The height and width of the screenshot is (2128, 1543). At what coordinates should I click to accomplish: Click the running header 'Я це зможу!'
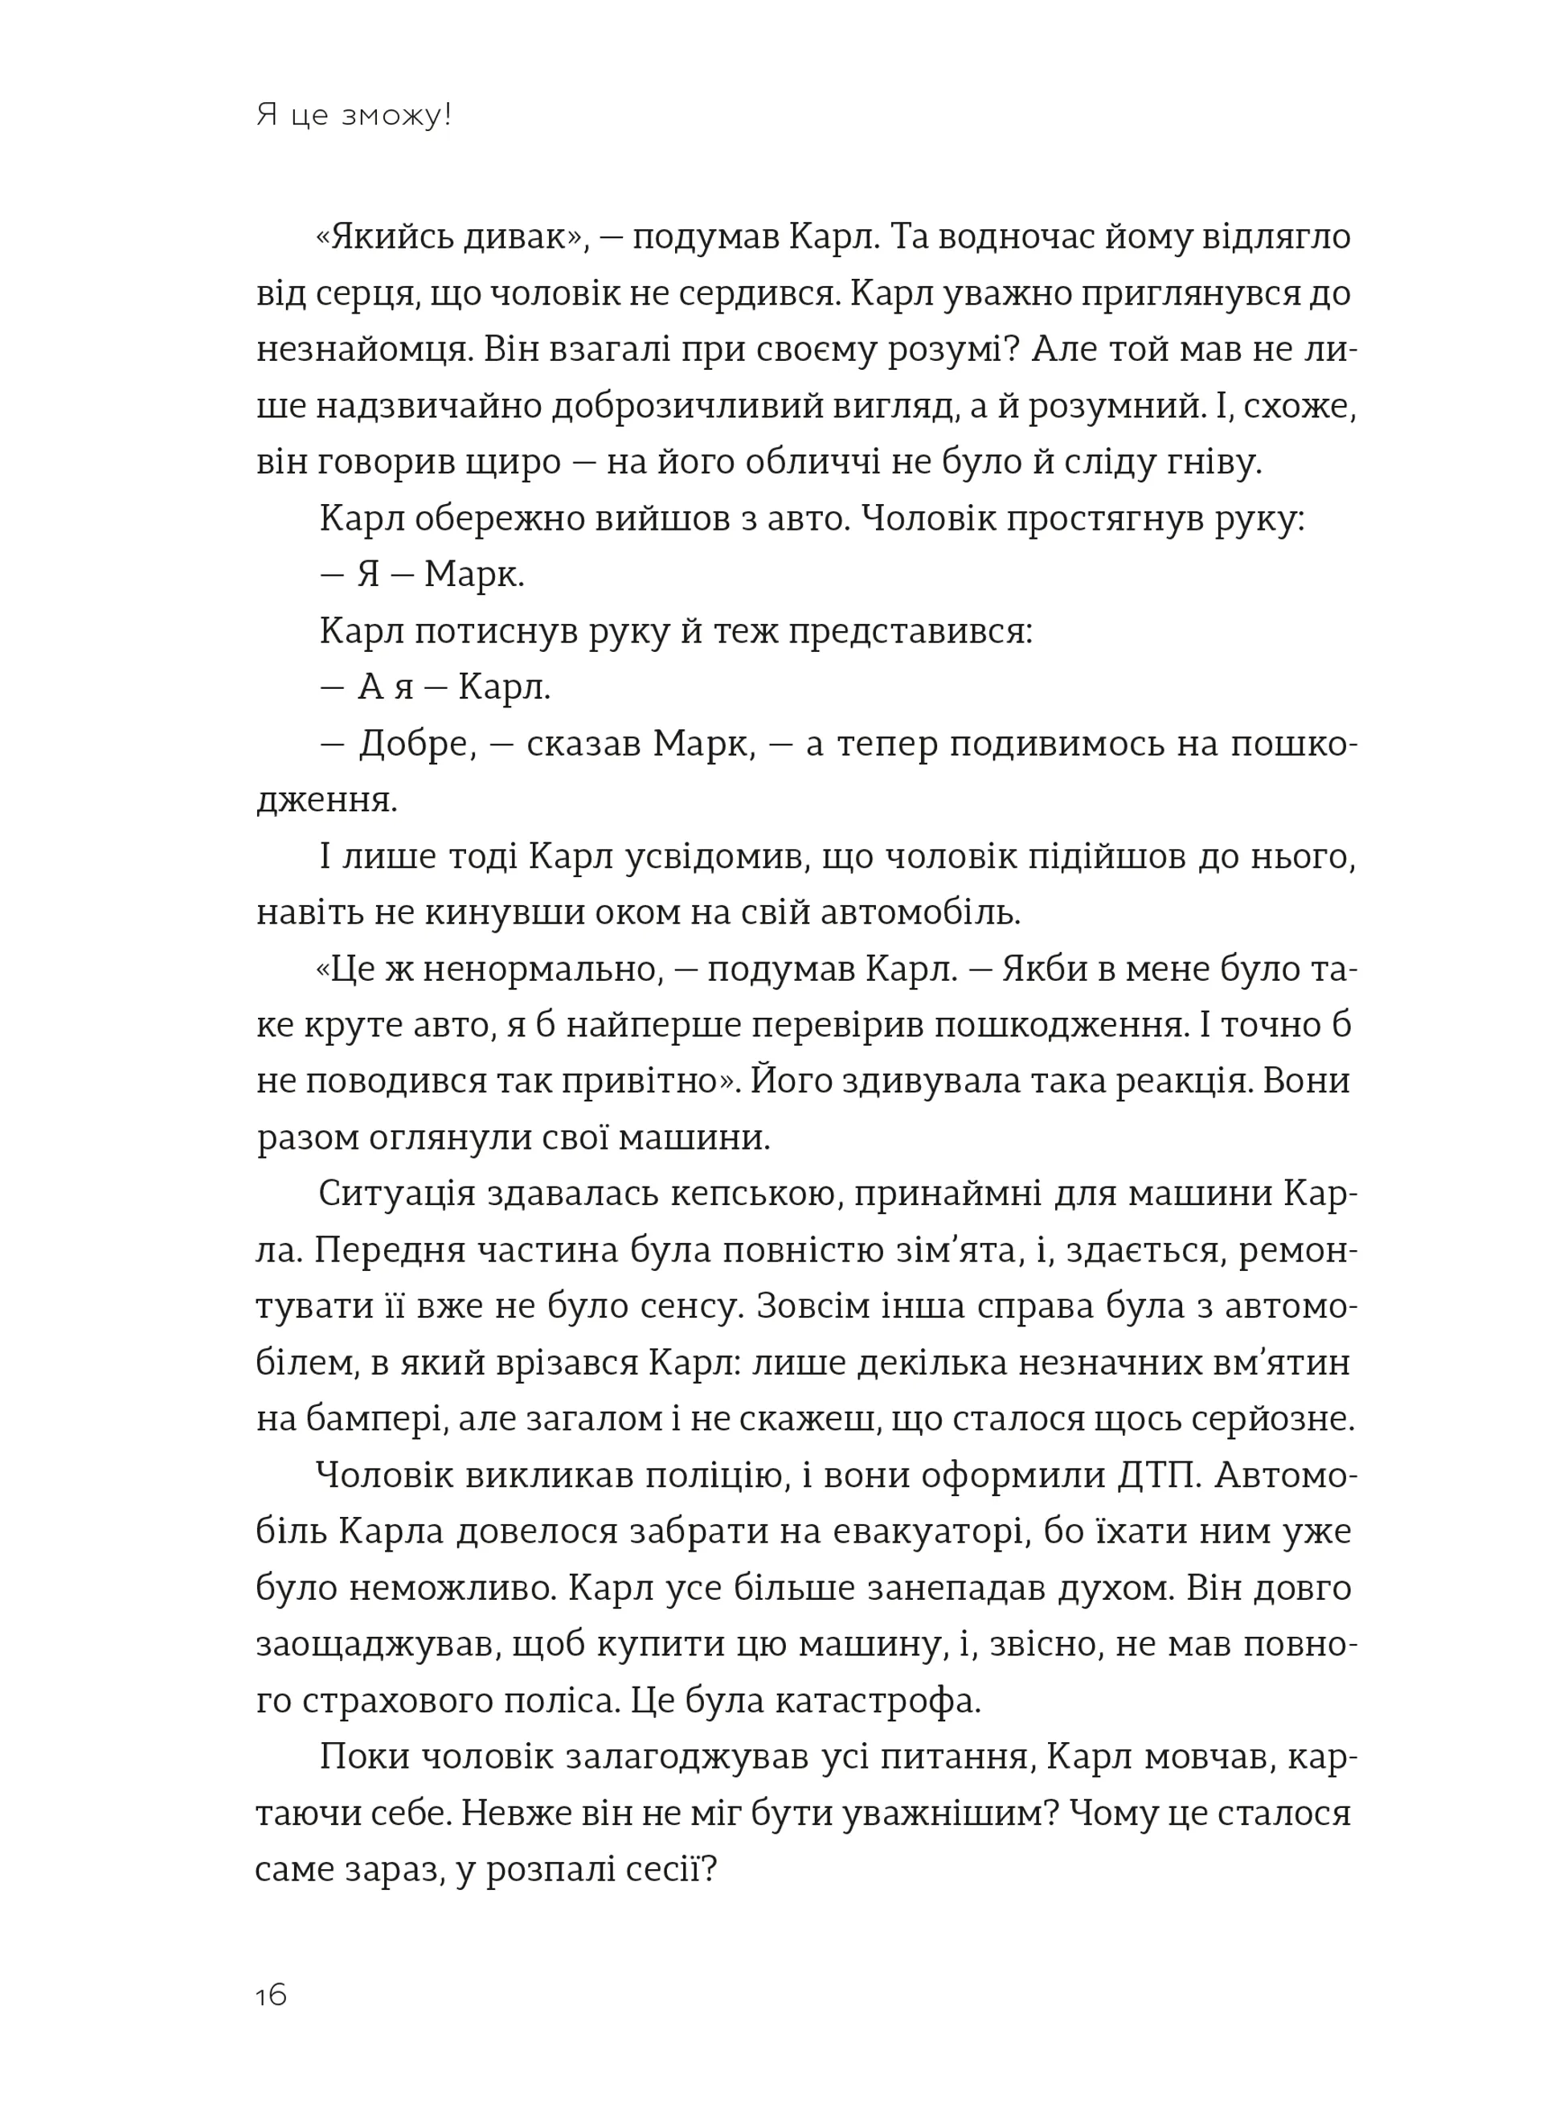point(354,117)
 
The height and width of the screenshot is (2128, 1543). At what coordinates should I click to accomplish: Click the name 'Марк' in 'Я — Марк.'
point(473,575)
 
